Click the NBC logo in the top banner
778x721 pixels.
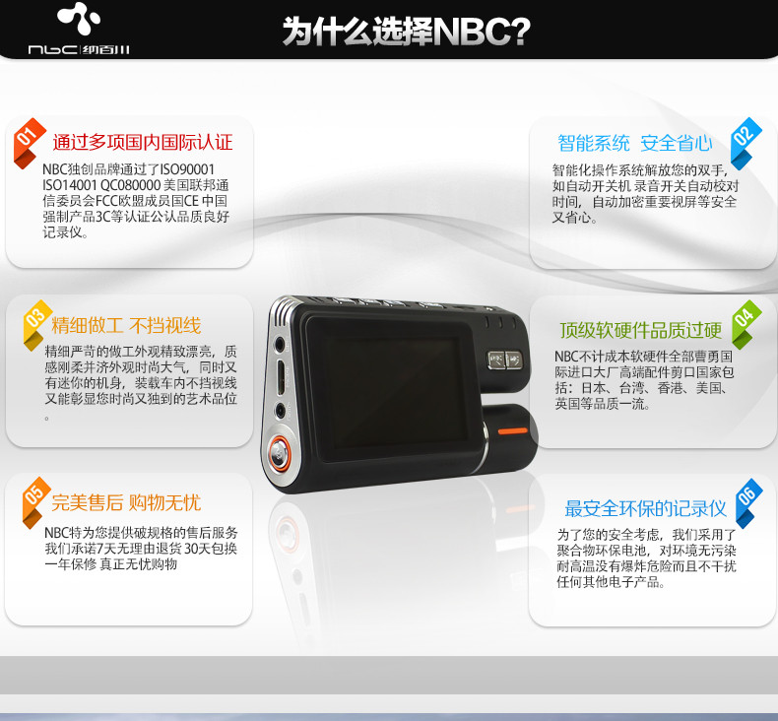point(79,29)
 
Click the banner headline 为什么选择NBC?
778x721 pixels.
point(407,32)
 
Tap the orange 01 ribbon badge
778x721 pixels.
point(29,143)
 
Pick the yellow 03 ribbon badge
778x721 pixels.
point(37,324)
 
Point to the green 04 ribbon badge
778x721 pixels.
point(746,324)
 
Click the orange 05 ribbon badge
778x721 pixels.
point(35,502)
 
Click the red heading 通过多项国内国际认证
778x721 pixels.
point(143,143)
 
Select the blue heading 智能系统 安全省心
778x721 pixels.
point(635,144)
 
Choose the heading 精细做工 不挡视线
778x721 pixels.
point(126,325)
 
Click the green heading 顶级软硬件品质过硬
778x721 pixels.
point(641,330)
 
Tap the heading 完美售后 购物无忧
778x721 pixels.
point(126,502)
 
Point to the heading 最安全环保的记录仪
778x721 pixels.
point(645,508)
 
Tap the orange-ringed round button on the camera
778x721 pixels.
point(280,453)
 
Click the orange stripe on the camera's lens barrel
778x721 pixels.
point(512,430)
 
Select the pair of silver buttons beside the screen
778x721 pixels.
point(505,360)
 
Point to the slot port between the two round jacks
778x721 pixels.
point(281,377)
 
